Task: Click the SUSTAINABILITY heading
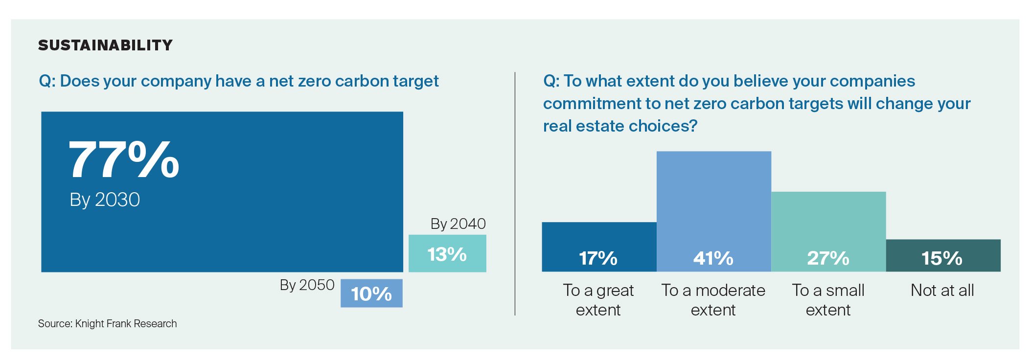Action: (105, 45)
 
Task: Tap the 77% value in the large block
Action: (124, 159)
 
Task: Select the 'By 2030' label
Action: (105, 200)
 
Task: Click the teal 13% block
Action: (447, 253)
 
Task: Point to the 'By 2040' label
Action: (458, 224)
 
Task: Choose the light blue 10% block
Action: (371, 293)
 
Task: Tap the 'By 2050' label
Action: (307, 285)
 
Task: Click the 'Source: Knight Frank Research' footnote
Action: (107, 323)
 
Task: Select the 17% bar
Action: (598, 247)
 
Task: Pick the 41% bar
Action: (713, 211)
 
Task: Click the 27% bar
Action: (828, 231)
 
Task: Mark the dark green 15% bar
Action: (943, 255)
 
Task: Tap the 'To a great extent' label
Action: (598, 300)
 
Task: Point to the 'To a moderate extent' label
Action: (713, 300)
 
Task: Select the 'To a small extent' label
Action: (828, 300)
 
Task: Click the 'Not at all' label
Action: (942, 290)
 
